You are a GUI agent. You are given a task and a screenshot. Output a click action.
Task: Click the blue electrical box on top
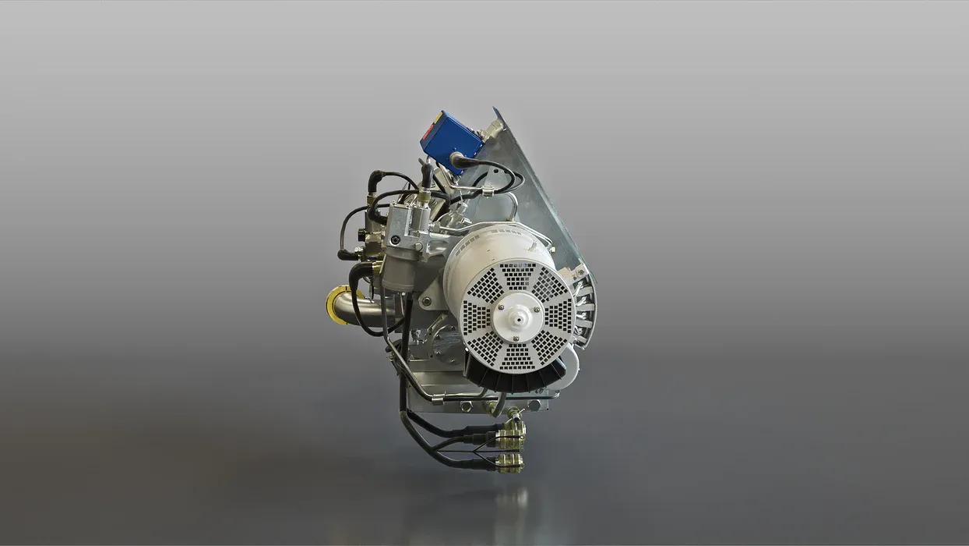[x=449, y=139]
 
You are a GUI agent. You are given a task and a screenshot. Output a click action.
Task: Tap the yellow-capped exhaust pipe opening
[x=337, y=304]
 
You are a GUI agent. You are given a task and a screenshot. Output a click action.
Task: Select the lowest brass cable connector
[x=510, y=463]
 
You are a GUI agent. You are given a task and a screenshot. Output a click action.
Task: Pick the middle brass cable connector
[x=510, y=442]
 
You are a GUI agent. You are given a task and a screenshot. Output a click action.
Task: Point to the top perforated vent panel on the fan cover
[x=517, y=275]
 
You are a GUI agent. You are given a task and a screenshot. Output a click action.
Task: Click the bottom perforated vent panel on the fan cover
[x=517, y=356]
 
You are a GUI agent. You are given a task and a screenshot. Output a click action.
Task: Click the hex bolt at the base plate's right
[x=535, y=404]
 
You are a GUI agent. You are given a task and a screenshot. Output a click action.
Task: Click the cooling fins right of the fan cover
[x=586, y=306]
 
